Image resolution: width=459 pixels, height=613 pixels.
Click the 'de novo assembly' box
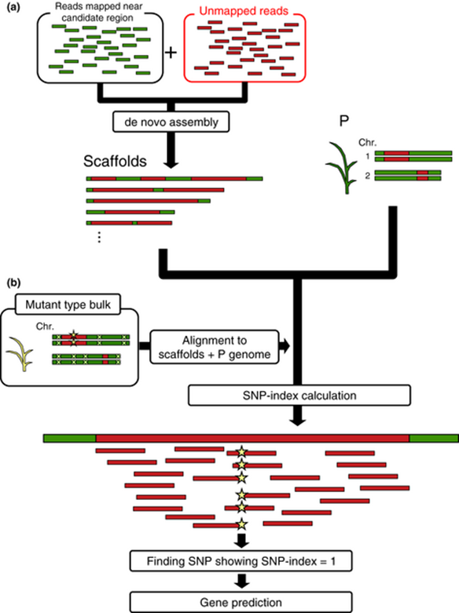[171, 122]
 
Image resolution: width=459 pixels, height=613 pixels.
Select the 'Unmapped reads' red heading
[244, 11]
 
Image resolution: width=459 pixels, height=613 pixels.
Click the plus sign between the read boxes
[171, 53]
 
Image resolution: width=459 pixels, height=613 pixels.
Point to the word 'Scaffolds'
[115, 161]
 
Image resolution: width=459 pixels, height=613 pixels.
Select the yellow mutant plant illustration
[20, 354]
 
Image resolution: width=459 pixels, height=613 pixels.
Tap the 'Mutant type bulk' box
[68, 305]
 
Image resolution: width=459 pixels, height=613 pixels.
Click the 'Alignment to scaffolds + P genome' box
[215, 347]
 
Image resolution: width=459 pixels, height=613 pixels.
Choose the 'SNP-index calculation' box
[299, 396]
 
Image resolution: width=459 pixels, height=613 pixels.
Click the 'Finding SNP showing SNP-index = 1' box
[241, 561]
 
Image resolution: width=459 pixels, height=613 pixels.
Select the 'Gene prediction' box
[241, 603]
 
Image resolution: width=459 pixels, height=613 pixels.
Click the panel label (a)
[13, 7]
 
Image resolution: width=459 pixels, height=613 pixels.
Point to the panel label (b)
[13, 283]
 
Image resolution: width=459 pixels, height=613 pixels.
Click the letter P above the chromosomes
[344, 121]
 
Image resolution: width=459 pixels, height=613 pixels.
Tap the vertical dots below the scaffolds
[99, 237]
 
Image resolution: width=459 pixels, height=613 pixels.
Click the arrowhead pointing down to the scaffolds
[171, 162]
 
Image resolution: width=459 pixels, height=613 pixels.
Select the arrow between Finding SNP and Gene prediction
[241, 582]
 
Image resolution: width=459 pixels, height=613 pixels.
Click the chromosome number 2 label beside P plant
[367, 176]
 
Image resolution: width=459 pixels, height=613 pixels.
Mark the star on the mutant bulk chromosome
[73, 335]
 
